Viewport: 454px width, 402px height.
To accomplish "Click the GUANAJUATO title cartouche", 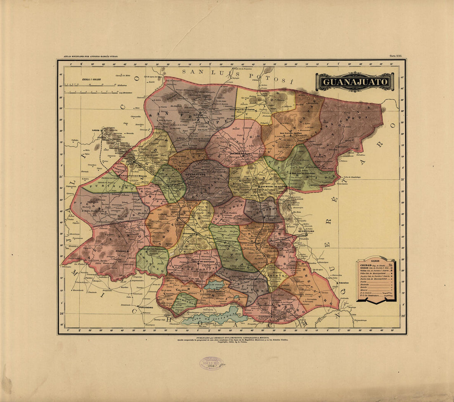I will pos(355,82).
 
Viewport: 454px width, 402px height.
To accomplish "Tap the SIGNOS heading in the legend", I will pos(375,261).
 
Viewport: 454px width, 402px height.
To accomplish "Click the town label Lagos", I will pos(96,130).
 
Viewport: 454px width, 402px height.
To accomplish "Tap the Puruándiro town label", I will pos(146,307).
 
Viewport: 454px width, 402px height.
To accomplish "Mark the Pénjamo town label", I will pos(121,251).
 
